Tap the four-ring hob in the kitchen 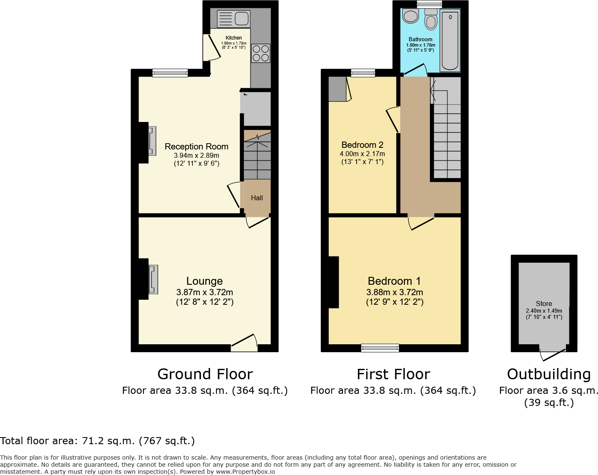[261, 53]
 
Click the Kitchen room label [234, 38]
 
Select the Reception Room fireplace [152, 141]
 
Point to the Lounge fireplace [154, 279]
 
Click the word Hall [257, 198]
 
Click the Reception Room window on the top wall [170, 73]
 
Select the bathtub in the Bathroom [450, 40]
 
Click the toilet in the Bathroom [431, 19]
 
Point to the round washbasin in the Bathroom [410, 16]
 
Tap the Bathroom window [429, 4]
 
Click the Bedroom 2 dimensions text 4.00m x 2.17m [362, 154]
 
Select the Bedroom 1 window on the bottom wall [380, 348]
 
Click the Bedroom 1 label [394, 281]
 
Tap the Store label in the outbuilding [544, 303]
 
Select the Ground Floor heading [205, 374]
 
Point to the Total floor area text [97, 441]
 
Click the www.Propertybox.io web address [246, 472]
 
